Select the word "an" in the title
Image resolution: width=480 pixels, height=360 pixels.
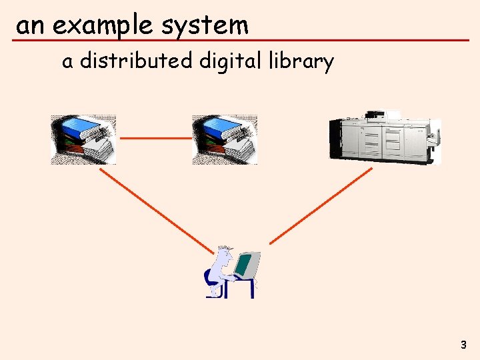pyautogui.click(x=31, y=26)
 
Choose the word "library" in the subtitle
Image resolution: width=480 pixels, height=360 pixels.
pyautogui.click(x=301, y=61)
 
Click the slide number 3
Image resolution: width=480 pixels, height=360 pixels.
pyautogui.click(x=463, y=345)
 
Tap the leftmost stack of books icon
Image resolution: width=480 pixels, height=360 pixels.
pyautogui.click(x=83, y=139)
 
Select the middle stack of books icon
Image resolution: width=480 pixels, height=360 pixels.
pyautogui.click(x=225, y=139)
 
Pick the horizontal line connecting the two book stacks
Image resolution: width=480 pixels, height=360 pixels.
pyautogui.click(x=155, y=138)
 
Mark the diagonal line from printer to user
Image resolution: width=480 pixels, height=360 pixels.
pyautogui.click(x=321, y=205)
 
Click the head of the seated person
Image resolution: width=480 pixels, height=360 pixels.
pyautogui.click(x=225, y=254)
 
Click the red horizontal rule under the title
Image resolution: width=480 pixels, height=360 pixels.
pyautogui.click(x=240, y=41)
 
